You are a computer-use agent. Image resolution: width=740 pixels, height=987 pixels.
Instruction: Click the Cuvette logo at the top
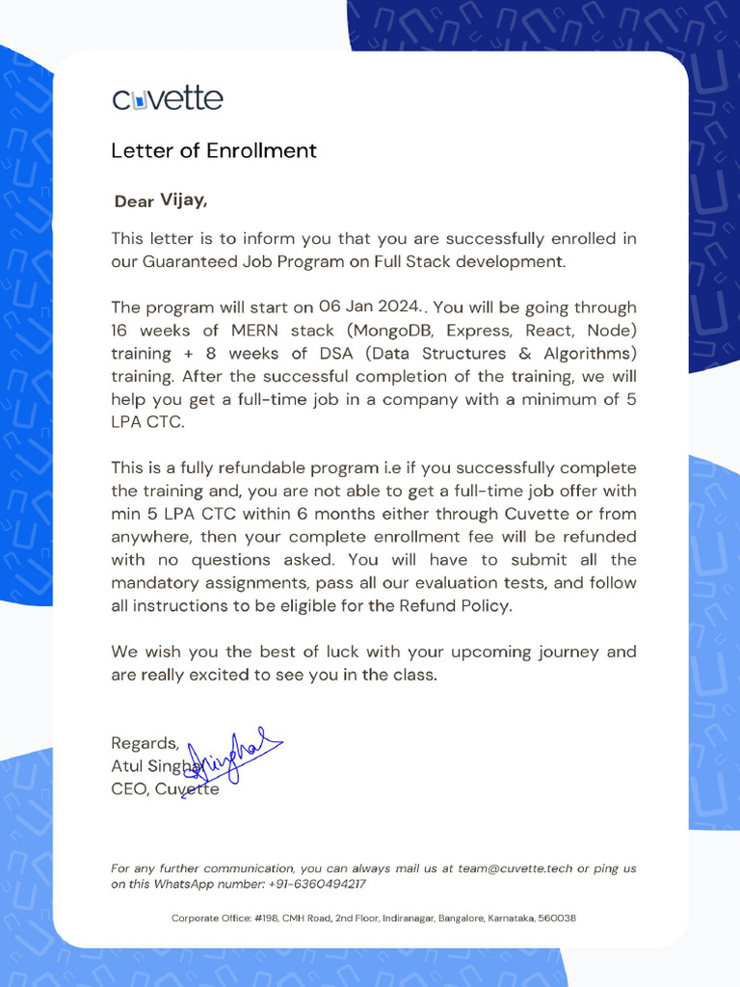tap(168, 98)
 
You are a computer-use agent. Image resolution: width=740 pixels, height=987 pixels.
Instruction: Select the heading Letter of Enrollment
tap(213, 150)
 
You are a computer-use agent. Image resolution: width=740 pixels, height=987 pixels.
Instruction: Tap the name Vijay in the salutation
tap(182, 200)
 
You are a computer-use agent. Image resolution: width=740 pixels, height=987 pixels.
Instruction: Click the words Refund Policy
tap(455, 606)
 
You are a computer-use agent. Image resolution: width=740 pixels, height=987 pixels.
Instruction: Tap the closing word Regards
tap(145, 743)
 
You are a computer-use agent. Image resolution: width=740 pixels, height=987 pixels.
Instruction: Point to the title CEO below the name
tap(129, 789)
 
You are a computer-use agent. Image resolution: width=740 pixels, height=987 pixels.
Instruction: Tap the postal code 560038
tap(557, 919)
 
